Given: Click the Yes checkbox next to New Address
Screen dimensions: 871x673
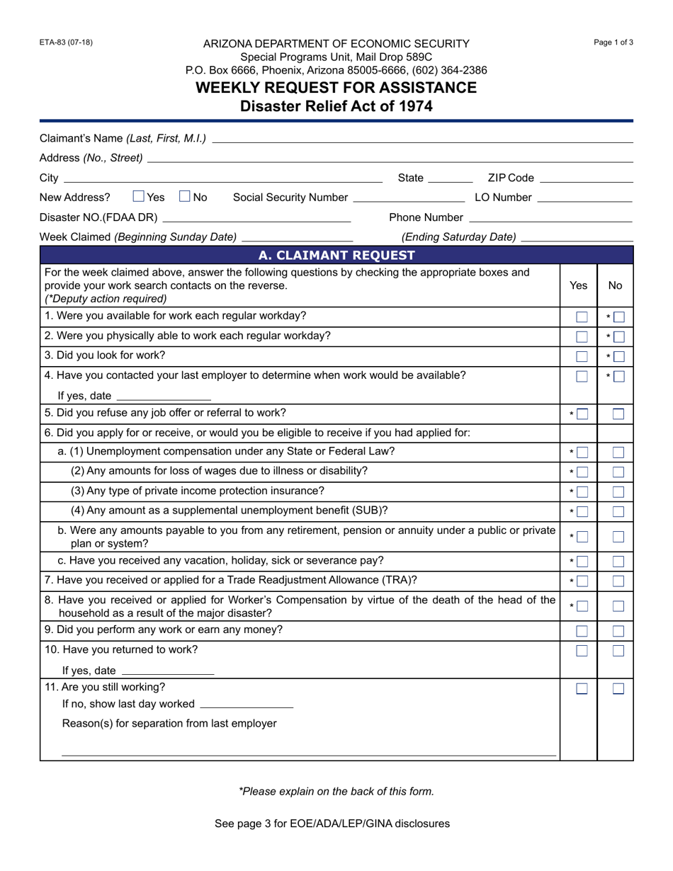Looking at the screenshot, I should pyautogui.click(x=139, y=197).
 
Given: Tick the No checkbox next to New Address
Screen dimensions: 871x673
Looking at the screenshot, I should pyautogui.click(x=186, y=197).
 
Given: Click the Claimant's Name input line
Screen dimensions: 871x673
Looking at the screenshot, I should pyautogui.click(x=422, y=138).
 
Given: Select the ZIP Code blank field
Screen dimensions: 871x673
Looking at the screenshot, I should pyautogui.click(x=585, y=178).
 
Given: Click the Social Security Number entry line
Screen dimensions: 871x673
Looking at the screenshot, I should pyautogui.click(x=409, y=198).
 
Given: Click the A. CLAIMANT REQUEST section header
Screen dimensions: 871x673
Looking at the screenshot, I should pyautogui.click(x=336, y=255).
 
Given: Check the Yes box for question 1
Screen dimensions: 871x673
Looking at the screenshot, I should pyautogui.click(x=582, y=317).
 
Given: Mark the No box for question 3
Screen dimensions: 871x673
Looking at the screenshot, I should pyautogui.click(x=618, y=357).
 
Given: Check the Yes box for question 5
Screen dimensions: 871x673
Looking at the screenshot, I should pyautogui.click(x=582, y=414).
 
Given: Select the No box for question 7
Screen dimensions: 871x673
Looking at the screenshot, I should pyautogui.click(x=618, y=581).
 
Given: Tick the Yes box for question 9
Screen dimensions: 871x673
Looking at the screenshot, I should pyautogui.click(x=582, y=631).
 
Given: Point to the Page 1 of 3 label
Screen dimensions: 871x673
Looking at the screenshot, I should pyautogui.click(x=613, y=42).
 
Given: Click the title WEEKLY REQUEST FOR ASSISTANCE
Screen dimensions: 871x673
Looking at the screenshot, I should pyautogui.click(x=336, y=88).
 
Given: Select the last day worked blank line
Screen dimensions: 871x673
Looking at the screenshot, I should pyautogui.click(x=247, y=704).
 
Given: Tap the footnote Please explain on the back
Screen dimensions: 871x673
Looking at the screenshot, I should pyautogui.click(x=336, y=791).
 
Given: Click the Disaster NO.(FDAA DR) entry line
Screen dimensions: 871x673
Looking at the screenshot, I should pyautogui.click(x=257, y=217).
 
